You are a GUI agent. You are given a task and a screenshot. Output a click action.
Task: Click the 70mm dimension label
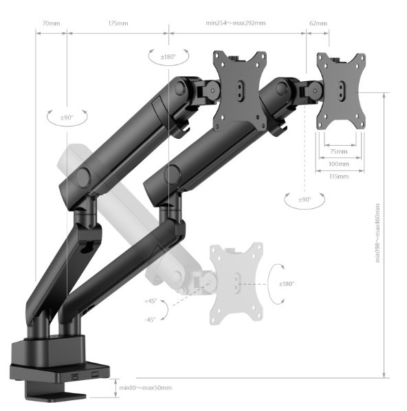tap(51, 23)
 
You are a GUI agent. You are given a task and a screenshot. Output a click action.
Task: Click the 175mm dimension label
tap(118, 23)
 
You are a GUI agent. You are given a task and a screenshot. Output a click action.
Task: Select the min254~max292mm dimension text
tap(236, 23)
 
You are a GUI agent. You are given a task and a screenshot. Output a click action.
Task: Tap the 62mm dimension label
tap(318, 23)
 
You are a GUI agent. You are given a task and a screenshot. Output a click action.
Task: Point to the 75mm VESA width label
tap(338, 151)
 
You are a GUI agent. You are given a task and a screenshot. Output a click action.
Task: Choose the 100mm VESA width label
tap(339, 164)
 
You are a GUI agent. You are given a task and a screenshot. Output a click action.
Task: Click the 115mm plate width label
tap(339, 177)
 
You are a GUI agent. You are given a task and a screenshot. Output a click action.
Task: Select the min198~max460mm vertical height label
tap(377, 233)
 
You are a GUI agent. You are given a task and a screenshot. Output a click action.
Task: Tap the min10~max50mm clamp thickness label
tap(146, 388)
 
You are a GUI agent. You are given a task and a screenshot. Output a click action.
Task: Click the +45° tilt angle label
tap(151, 301)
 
